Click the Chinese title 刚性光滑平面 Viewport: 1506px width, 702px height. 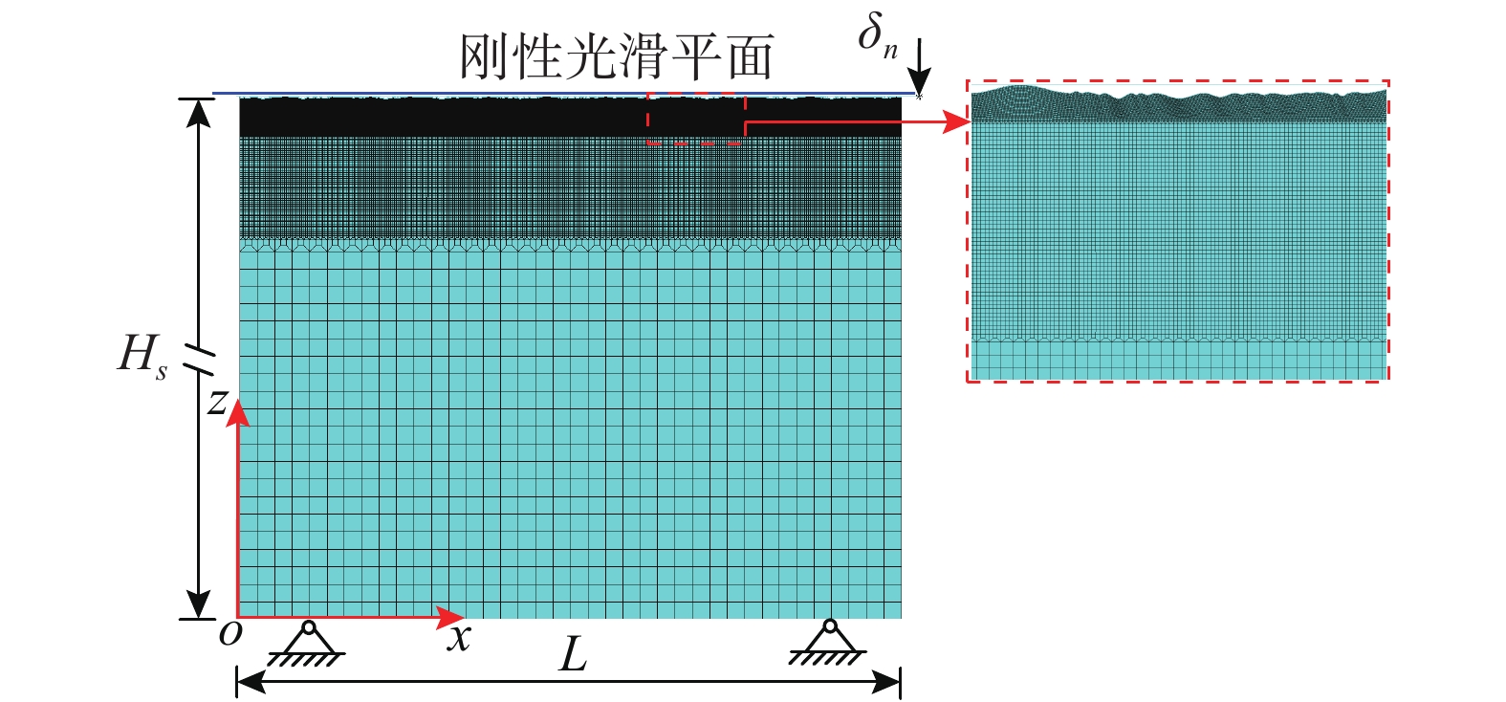click(617, 56)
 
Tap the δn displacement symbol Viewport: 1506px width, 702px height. click(878, 36)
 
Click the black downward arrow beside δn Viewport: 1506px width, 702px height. click(919, 67)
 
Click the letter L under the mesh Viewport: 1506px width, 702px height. click(574, 655)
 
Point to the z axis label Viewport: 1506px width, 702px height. click(217, 402)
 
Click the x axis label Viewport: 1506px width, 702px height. click(459, 637)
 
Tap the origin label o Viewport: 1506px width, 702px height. click(229, 634)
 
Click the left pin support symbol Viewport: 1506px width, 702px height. click(307, 644)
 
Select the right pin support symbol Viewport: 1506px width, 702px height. click(828, 642)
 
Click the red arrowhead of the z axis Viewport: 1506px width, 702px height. click(236, 412)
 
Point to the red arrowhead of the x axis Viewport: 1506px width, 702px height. click(449, 617)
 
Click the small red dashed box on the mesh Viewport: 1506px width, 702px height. click(696, 119)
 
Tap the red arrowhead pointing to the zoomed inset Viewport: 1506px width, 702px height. click(957, 121)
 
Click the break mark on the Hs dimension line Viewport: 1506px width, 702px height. click(199, 361)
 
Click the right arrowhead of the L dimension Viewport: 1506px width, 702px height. click(886, 683)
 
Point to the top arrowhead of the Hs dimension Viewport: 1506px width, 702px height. click(198, 113)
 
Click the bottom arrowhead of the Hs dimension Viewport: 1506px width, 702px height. click(198, 603)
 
